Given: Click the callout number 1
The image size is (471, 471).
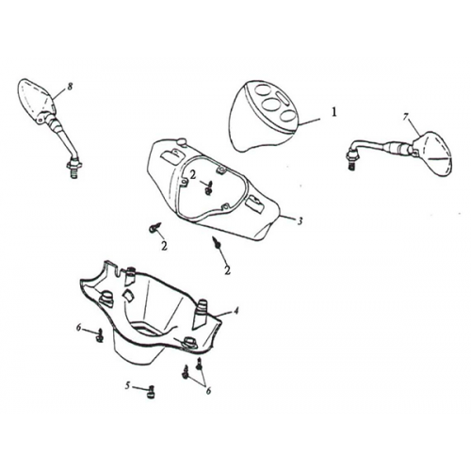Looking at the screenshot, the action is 334,112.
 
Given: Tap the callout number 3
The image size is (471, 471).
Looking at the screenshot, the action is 300,221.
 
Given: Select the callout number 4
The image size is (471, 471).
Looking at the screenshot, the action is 235,311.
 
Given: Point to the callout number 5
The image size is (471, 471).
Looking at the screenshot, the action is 127,385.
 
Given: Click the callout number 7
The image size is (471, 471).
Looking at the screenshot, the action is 405,118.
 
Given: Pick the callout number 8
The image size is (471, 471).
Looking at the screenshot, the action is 70,86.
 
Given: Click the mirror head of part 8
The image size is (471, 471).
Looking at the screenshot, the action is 35,101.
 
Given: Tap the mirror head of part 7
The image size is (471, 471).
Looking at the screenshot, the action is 432,154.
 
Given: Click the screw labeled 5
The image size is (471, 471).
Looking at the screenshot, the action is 150,392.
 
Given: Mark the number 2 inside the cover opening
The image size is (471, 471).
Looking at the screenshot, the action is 193,175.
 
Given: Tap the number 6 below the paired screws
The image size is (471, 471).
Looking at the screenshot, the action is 208,390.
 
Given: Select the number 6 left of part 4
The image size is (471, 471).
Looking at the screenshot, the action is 79,328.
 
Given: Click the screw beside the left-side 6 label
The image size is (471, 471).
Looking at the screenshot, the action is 100,335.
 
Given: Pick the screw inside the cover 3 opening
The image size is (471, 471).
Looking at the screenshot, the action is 207,187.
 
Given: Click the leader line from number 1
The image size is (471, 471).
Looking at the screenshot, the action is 309,122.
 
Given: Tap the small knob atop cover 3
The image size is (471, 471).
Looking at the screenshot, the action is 182,141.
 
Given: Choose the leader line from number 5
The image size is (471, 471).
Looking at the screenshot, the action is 139,388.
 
